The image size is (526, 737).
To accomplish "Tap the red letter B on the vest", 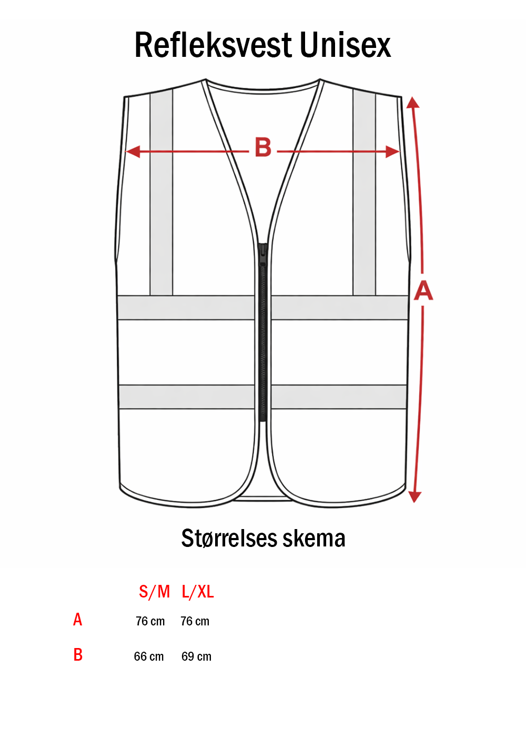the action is [x=263, y=148].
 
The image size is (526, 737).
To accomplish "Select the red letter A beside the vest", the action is [x=423, y=291].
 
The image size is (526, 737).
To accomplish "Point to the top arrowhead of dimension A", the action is [x=413, y=102].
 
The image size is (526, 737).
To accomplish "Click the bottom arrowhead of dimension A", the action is [x=414, y=496].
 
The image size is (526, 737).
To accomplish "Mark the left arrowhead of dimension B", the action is [x=133, y=152].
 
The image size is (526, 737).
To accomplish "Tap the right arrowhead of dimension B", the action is [x=392, y=152].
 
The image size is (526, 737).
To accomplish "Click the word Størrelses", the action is [x=229, y=539].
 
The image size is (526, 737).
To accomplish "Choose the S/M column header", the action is [x=154, y=592].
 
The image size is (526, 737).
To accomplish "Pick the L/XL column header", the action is [x=198, y=592].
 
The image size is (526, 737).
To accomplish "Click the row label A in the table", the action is [x=78, y=620].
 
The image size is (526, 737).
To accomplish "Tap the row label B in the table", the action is [x=78, y=655].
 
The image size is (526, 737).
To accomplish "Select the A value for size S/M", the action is [x=150, y=622].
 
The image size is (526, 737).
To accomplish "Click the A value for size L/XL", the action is [x=195, y=622].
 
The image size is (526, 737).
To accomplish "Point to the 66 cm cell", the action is [x=149, y=656].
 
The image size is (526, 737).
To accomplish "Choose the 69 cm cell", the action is [x=196, y=656].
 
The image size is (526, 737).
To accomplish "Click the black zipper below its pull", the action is [x=262, y=342].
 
